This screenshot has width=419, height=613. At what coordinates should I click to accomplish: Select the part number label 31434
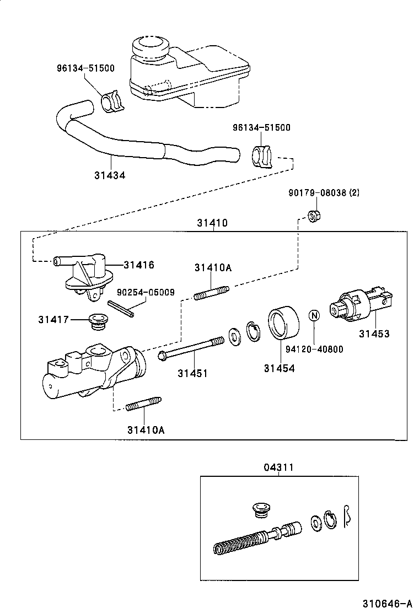pyautogui.click(x=109, y=175)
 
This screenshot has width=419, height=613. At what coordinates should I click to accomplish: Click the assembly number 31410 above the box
pyautogui.click(x=212, y=223)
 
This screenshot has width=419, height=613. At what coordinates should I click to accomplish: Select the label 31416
pyautogui.click(x=138, y=265)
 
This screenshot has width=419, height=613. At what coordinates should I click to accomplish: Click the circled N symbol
pyautogui.click(x=314, y=316)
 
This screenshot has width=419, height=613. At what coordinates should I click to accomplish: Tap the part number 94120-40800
pyautogui.click(x=314, y=349)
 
